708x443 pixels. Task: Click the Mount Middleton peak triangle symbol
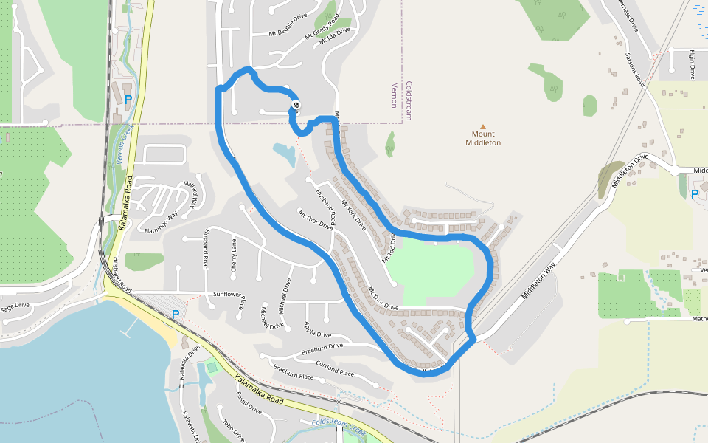[483, 126]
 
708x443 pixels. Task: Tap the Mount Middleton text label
[483, 138]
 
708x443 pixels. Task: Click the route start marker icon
[296, 105]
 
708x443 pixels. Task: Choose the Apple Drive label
[317, 329]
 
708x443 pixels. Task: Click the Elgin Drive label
[693, 65]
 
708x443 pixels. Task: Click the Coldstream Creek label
[339, 425]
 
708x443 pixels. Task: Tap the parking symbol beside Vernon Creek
[128, 99]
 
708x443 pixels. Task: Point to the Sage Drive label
[15, 306]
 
